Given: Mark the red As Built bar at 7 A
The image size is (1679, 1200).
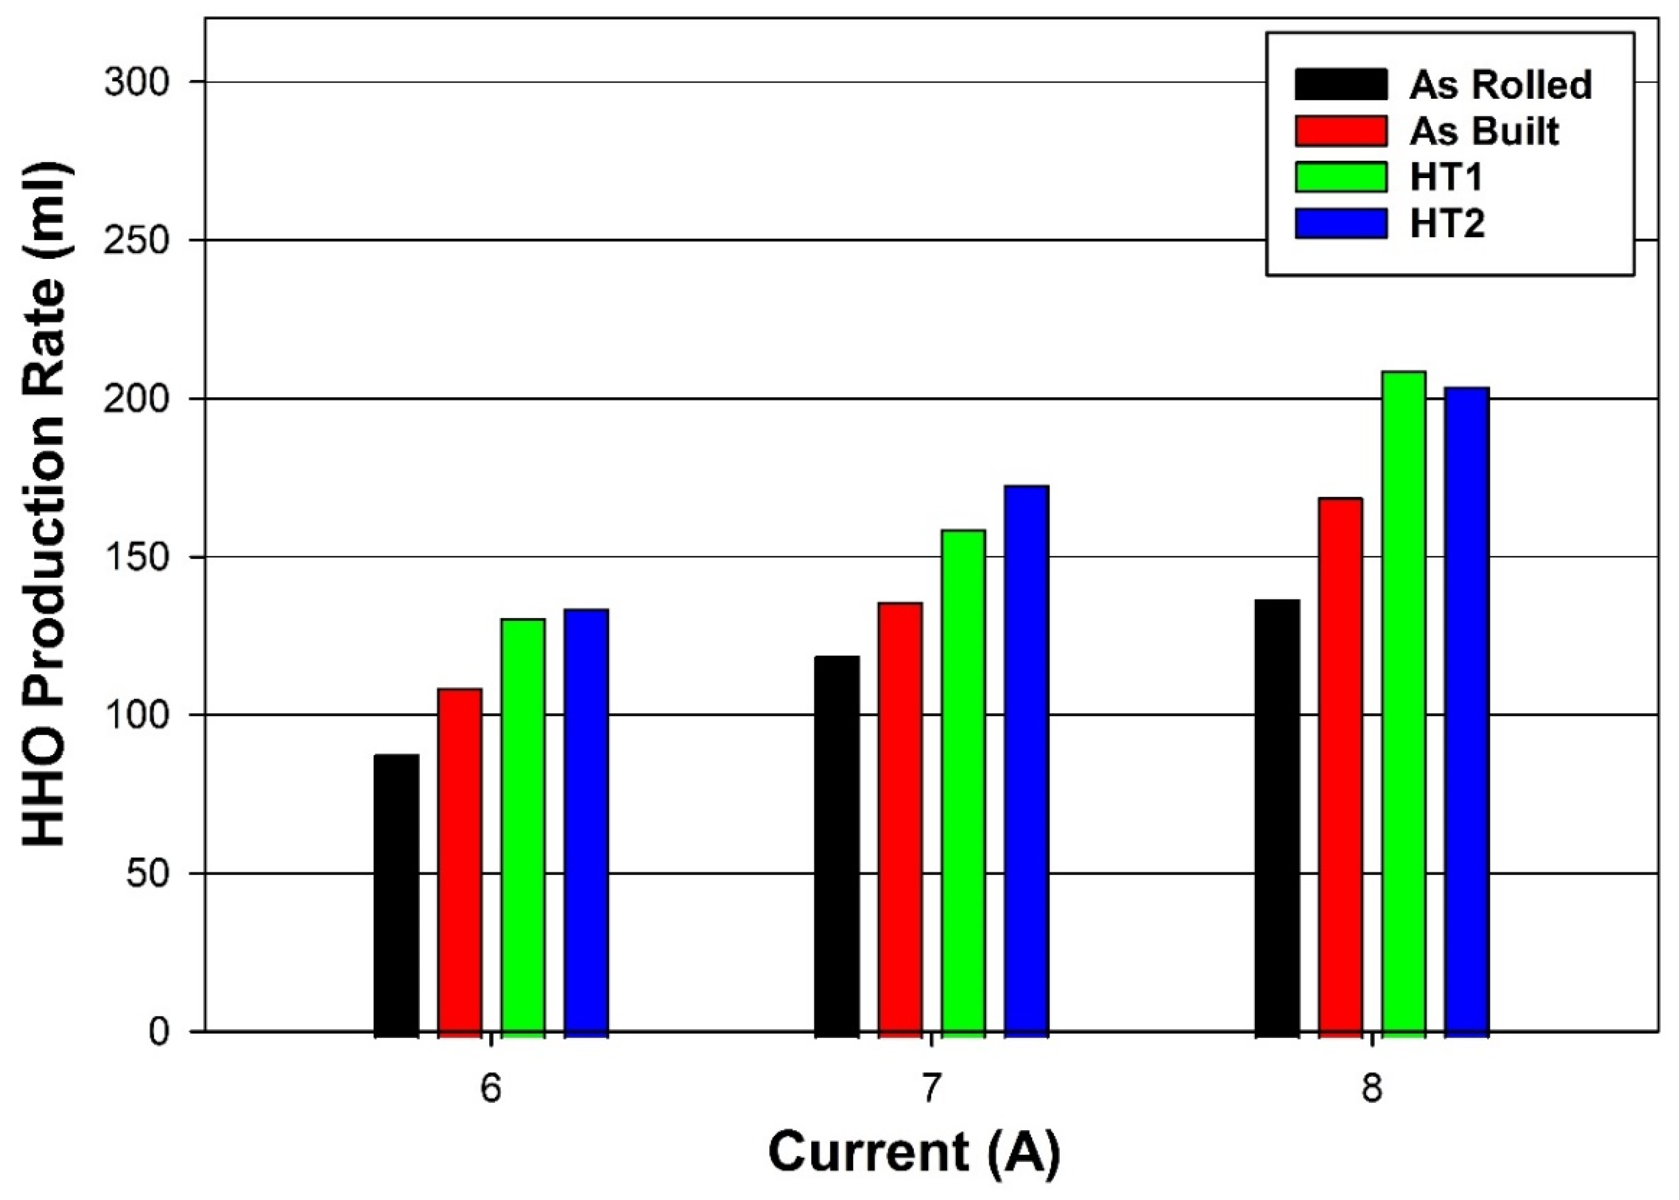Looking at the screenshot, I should (x=901, y=816).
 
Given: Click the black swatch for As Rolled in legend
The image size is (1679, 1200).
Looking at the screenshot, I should (x=1341, y=84).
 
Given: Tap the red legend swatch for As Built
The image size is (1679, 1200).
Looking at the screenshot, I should (x=1341, y=131).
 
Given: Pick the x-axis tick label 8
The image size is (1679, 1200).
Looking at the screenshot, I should (x=1372, y=1090).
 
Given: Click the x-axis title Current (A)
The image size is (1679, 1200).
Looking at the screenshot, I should (x=914, y=1152).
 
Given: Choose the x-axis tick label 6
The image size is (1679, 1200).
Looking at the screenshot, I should (x=491, y=1090).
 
